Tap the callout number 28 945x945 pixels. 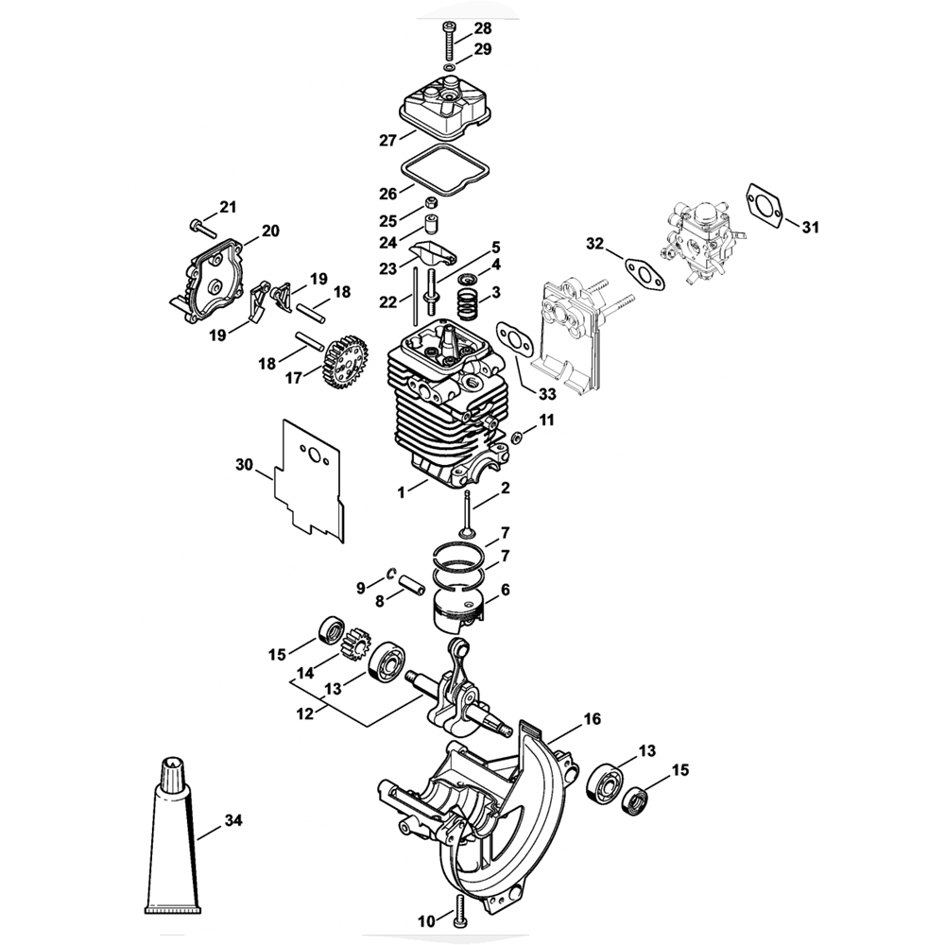[483, 27]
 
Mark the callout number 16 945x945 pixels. [592, 719]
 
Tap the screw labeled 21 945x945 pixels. [201, 225]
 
